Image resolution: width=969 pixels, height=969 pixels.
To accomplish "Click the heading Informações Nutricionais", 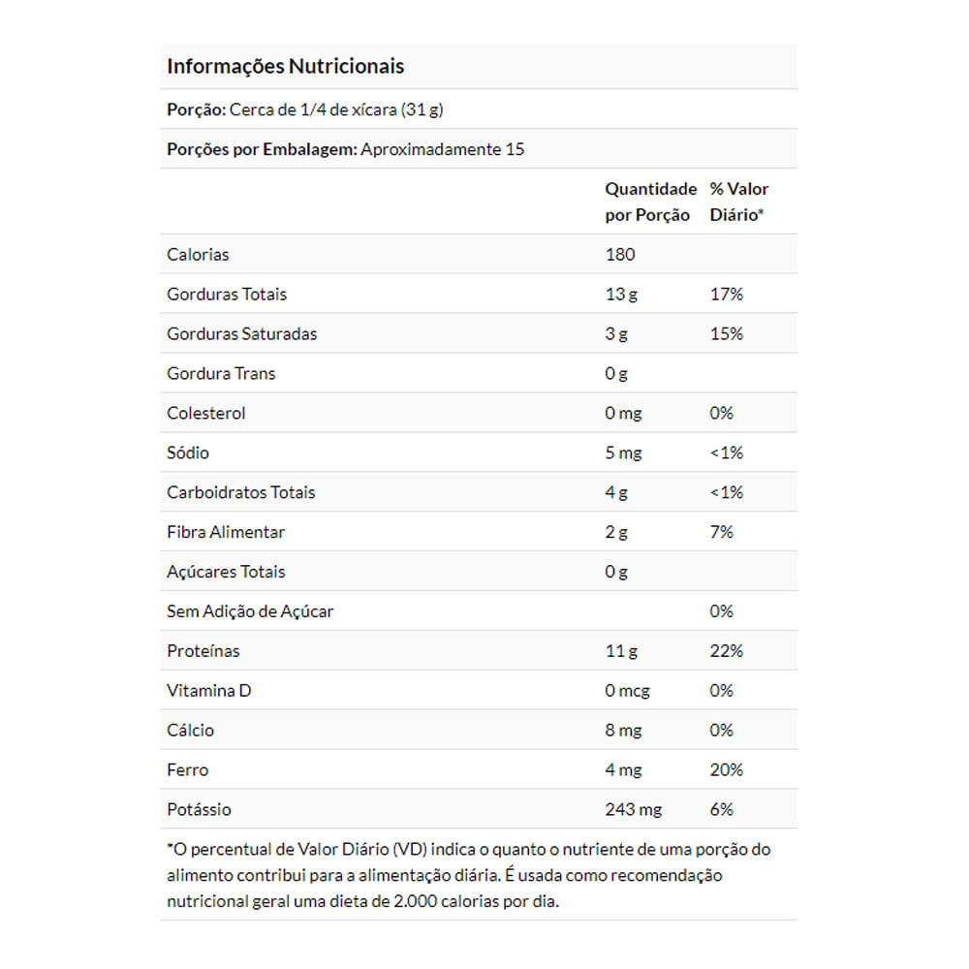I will tap(286, 67).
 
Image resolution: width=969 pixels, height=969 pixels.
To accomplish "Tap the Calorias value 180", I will tap(620, 255).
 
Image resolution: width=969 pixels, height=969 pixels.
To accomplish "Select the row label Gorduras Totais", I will tap(227, 295).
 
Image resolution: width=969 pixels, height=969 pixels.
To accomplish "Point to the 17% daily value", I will tap(727, 295).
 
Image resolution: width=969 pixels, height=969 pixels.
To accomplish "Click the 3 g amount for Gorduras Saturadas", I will tap(616, 334).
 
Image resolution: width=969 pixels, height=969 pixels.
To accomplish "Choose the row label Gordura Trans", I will tap(221, 374).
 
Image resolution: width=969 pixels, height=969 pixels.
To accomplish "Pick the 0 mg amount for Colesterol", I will tap(623, 414).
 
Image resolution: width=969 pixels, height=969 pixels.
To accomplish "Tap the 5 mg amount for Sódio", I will tap(623, 453).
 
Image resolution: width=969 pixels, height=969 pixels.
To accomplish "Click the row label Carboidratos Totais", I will tap(241, 493).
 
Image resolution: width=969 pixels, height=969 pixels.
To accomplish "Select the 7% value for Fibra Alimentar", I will tap(722, 533).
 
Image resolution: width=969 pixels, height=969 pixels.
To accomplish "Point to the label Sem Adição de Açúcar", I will tap(250, 612).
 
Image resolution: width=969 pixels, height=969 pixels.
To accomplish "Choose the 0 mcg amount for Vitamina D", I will tap(628, 692).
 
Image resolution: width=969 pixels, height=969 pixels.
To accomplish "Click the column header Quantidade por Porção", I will tap(650, 202).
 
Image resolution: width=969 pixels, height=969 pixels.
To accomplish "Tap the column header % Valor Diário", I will tap(739, 202).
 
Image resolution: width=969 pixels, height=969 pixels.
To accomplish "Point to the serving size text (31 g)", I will tap(422, 109).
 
